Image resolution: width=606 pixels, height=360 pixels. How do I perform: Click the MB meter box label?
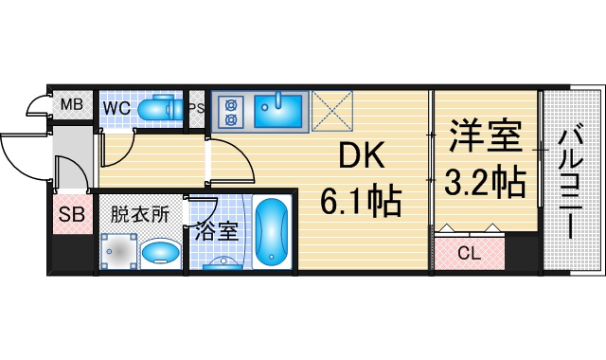coord(72,104)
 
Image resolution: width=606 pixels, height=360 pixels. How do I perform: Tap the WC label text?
coord(116,108)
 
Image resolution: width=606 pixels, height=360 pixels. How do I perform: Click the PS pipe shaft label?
coord(197,108)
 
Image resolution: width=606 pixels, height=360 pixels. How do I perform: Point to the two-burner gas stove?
coord(231,112)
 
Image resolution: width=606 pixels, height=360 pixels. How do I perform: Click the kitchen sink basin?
coord(277,111)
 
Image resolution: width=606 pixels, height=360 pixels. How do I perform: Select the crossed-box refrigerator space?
coord(332,111)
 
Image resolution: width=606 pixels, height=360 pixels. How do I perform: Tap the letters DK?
coord(362,155)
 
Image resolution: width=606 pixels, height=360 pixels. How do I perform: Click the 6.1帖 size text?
coord(361,201)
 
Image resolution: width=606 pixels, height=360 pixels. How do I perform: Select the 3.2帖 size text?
coord(486,182)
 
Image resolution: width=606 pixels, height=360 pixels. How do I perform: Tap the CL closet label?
coord(469,254)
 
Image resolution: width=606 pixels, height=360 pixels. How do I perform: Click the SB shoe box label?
coord(72,215)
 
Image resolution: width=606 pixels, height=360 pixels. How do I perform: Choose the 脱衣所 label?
coord(140,215)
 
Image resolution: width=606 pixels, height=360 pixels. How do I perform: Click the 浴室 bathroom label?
coord(217,231)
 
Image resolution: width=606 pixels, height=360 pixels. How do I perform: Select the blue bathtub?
coord(272,232)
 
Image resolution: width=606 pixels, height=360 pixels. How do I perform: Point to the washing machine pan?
coord(118,251)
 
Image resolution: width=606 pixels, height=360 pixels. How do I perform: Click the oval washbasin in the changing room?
coord(160,253)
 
